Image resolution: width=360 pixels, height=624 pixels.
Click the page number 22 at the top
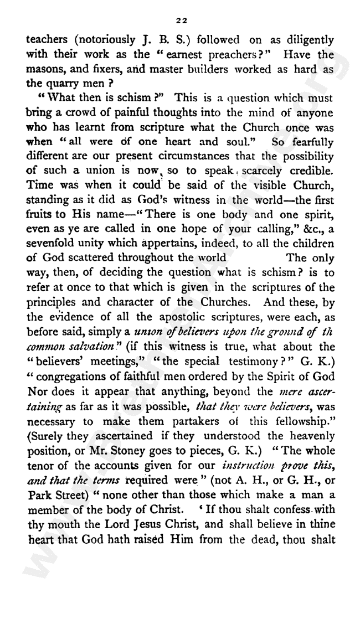click(x=181, y=20)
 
